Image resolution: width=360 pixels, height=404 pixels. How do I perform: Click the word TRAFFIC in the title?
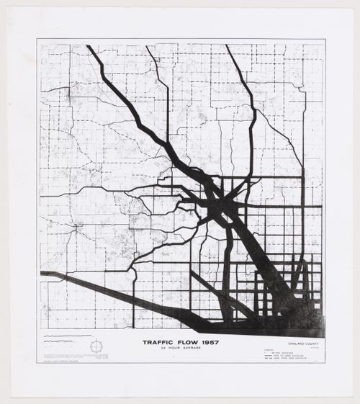click(x=157, y=343)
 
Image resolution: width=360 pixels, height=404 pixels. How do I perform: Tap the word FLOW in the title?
click(x=184, y=343)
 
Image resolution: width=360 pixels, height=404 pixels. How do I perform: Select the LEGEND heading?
click(x=269, y=347)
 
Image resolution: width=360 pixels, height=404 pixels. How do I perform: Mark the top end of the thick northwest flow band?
click(x=89, y=48)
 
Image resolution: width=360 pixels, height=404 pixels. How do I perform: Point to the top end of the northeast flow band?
click(x=228, y=47)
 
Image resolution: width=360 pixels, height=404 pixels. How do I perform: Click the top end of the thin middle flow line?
click(x=147, y=48)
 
